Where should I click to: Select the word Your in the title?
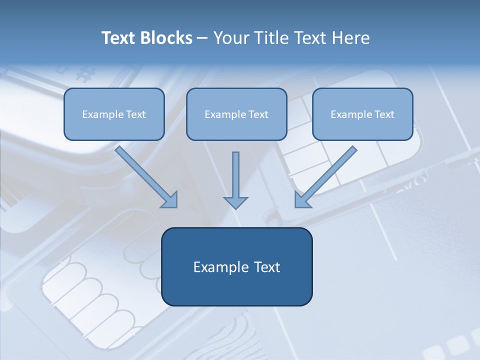(232, 38)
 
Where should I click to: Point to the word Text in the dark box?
(266, 267)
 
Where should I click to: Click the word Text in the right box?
(384, 114)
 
